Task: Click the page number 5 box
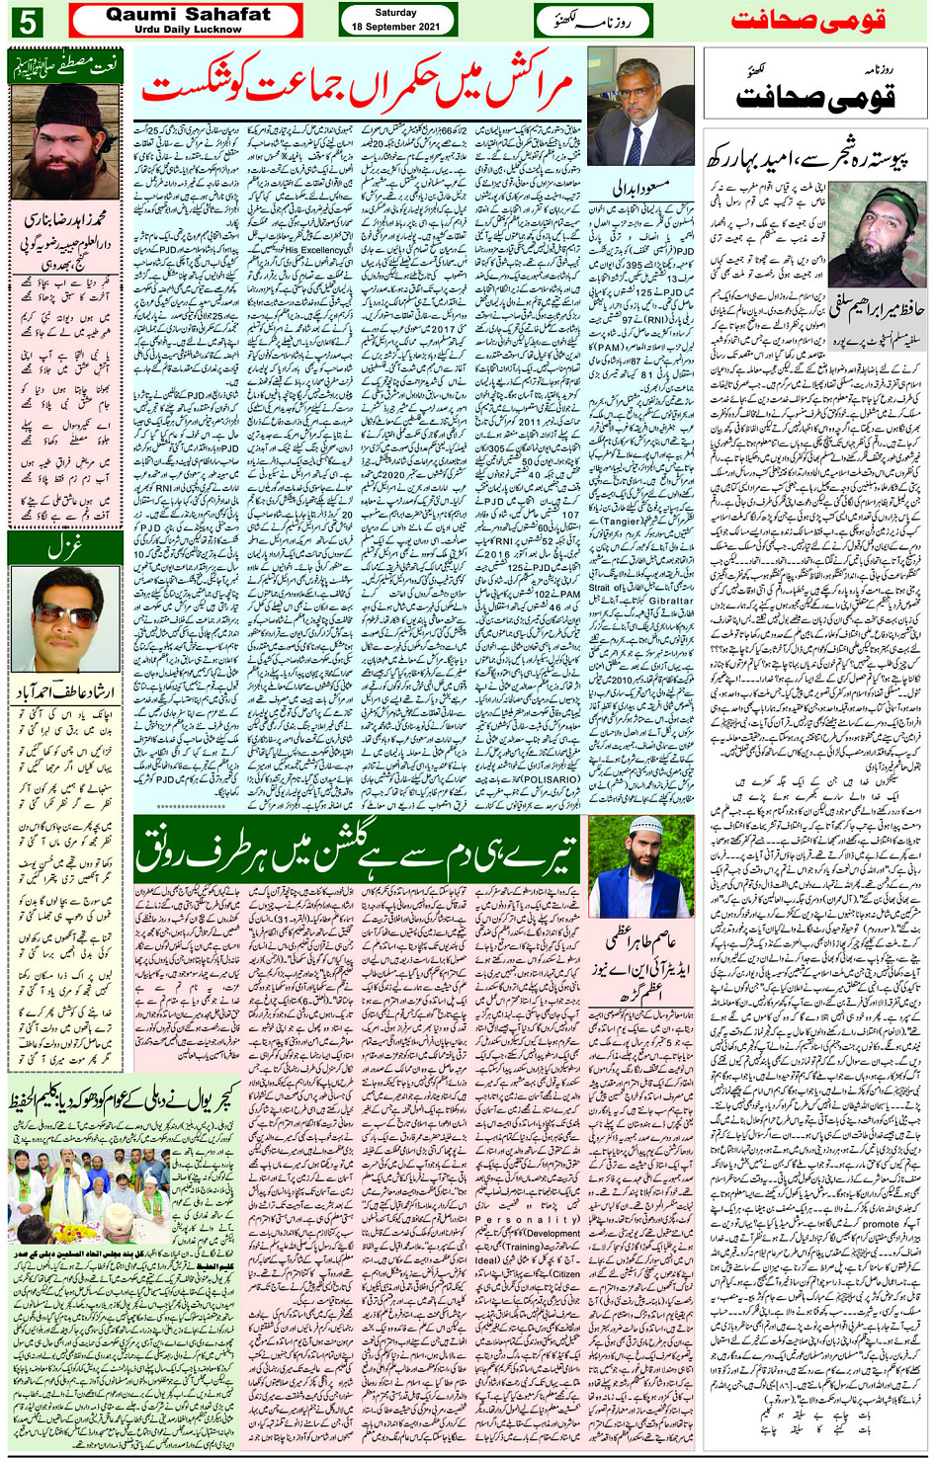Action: click(27, 21)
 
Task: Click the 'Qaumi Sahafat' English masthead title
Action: click(188, 14)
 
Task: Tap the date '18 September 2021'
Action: click(396, 27)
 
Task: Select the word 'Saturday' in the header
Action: click(396, 13)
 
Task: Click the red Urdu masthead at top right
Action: click(807, 21)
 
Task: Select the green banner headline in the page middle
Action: click(356, 849)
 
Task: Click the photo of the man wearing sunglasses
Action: click(64, 619)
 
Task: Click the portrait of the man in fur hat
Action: click(64, 143)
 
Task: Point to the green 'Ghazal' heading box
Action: click(64, 543)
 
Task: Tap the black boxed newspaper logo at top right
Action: click(815, 91)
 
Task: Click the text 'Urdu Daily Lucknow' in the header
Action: click(188, 30)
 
